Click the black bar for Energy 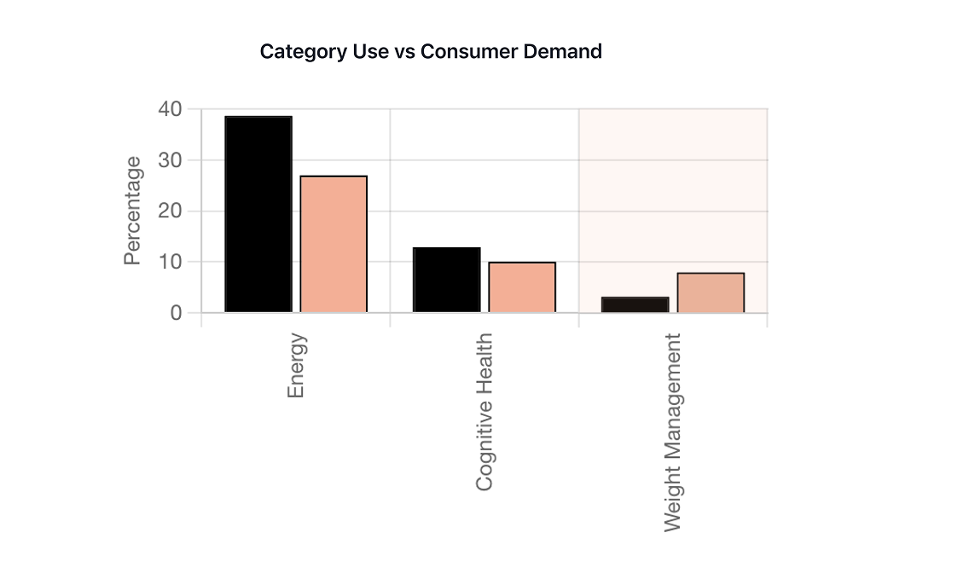258,214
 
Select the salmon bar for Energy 334,244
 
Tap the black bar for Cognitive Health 447,280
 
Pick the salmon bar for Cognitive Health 522,287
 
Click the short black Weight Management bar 635,304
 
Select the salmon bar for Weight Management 711,292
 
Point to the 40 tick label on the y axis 170,109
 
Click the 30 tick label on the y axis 170,160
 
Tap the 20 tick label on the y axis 170,211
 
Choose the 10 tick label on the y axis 170,262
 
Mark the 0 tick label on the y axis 176,313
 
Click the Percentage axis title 132,211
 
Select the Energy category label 296,365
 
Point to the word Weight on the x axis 673,503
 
